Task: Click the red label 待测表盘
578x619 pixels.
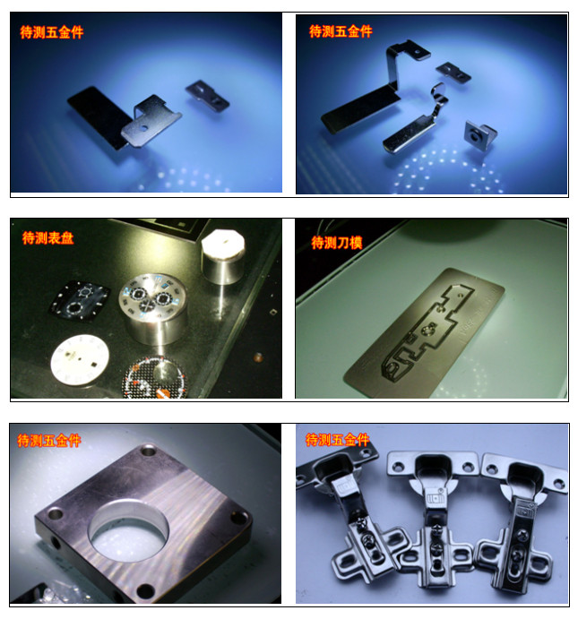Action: pyautogui.click(x=47, y=237)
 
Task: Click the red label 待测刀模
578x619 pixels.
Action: pyautogui.click(x=336, y=243)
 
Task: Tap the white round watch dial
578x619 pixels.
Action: pyautogui.click(x=80, y=359)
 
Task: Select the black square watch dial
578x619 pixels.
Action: pyautogui.click(x=79, y=301)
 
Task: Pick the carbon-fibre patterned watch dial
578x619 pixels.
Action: pyautogui.click(x=156, y=377)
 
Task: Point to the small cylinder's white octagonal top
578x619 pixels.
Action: pyautogui.click(x=223, y=243)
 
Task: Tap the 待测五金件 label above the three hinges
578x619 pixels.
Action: pyautogui.click(x=337, y=440)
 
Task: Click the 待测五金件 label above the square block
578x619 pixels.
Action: pyautogui.click(x=49, y=440)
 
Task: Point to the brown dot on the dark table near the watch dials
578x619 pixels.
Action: pyautogui.click(x=258, y=357)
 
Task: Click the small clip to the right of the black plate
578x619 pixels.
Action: pyautogui.click(x=207, y=96)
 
